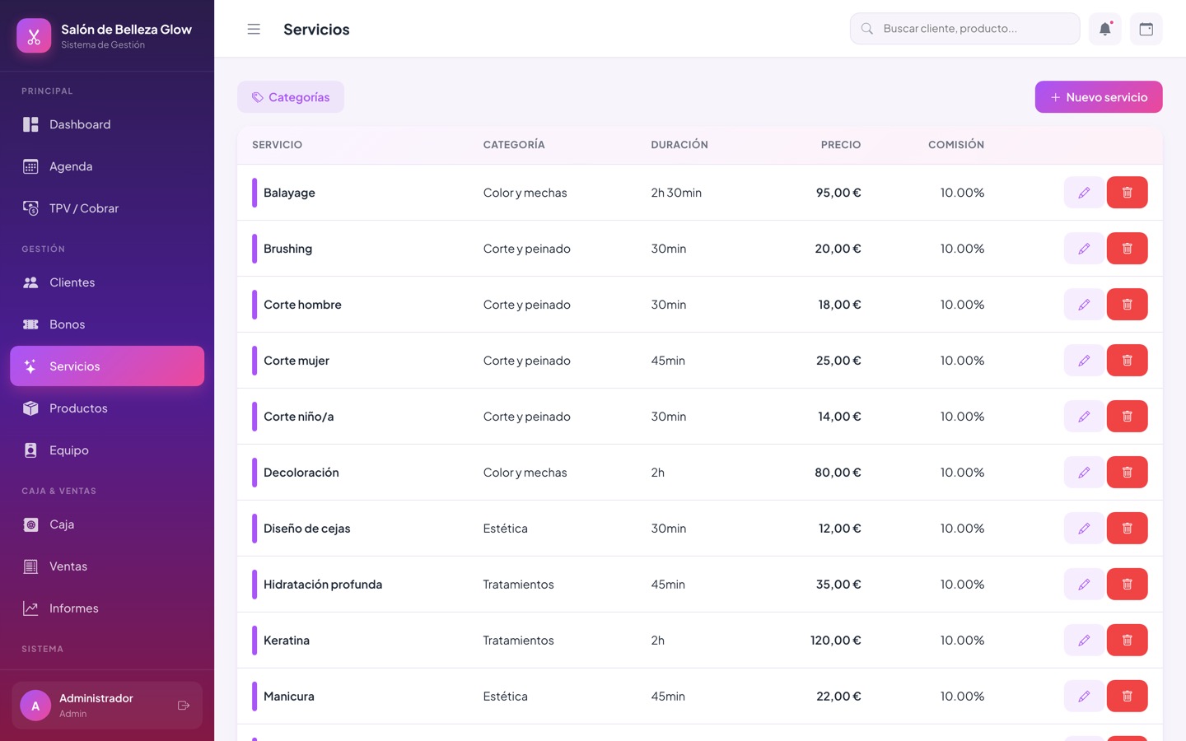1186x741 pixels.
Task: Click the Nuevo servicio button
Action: pyautogui.click(x=1099, y=97)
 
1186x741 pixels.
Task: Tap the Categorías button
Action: pyautogui.click(x=291, y=97)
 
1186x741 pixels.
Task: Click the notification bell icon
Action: pyautogui.click(x=1105, y=29)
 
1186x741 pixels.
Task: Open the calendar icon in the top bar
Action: pyautogui.click(x=1146, y=29)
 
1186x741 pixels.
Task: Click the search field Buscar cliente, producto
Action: pyautogui.click(x=964, y=29)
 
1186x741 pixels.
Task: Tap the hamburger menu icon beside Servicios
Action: pyautogui.click(x=254, y=29)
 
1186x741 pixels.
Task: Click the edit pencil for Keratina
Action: pyautogui.click(x=1085, y=640)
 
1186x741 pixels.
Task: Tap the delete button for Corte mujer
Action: pyautogui.click(x=1128, y=361)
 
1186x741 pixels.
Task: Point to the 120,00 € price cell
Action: pyautogui.click(x=835, y=640)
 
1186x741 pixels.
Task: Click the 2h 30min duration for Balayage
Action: pyautogui.click(x=676, y=193)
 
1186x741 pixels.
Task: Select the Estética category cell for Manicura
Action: pyautogui.click(x=505, y=696)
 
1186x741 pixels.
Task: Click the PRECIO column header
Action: pyautogui.click(x=841, y=145)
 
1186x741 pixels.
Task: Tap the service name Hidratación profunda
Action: pyautogui.click(x=323, y=585)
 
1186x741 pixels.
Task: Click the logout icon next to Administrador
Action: pyautogui.click(x=184, y=706)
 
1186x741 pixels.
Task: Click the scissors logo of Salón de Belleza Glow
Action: pyautogui.click(x=34, y=36)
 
